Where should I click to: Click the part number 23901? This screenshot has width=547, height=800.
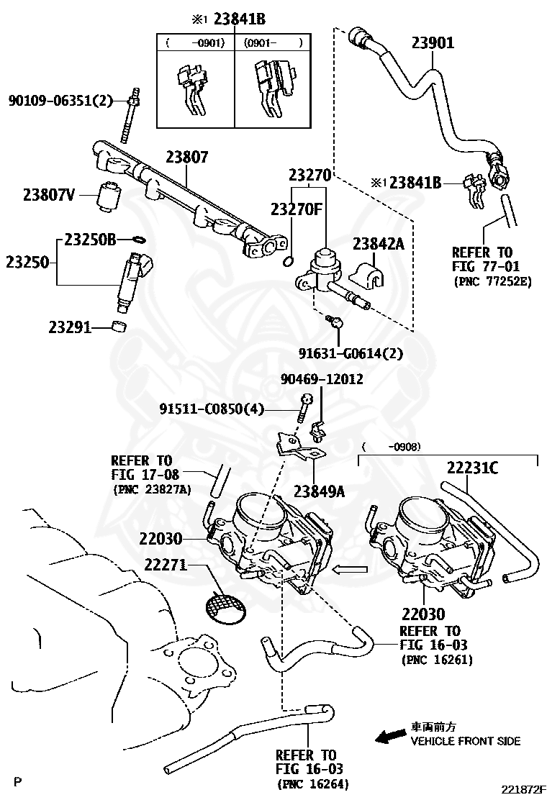[433, 42]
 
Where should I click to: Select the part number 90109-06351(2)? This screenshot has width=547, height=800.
[61, 101]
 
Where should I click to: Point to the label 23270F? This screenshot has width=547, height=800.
[296, 209]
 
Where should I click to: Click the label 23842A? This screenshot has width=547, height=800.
[378, 244]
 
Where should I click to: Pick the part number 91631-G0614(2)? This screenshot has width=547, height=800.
[351, 353]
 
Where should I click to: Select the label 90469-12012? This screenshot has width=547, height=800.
[322, 378]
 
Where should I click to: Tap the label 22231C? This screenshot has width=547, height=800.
[472, 468]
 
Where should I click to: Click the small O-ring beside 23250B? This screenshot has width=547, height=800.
[142, 240]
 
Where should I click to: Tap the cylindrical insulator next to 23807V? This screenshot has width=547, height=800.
[109, 198]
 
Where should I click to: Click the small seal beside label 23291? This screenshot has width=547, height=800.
[120, 327]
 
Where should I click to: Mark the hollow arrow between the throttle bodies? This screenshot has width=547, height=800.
[351, 570]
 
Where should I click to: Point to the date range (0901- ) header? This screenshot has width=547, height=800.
[272, 42]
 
